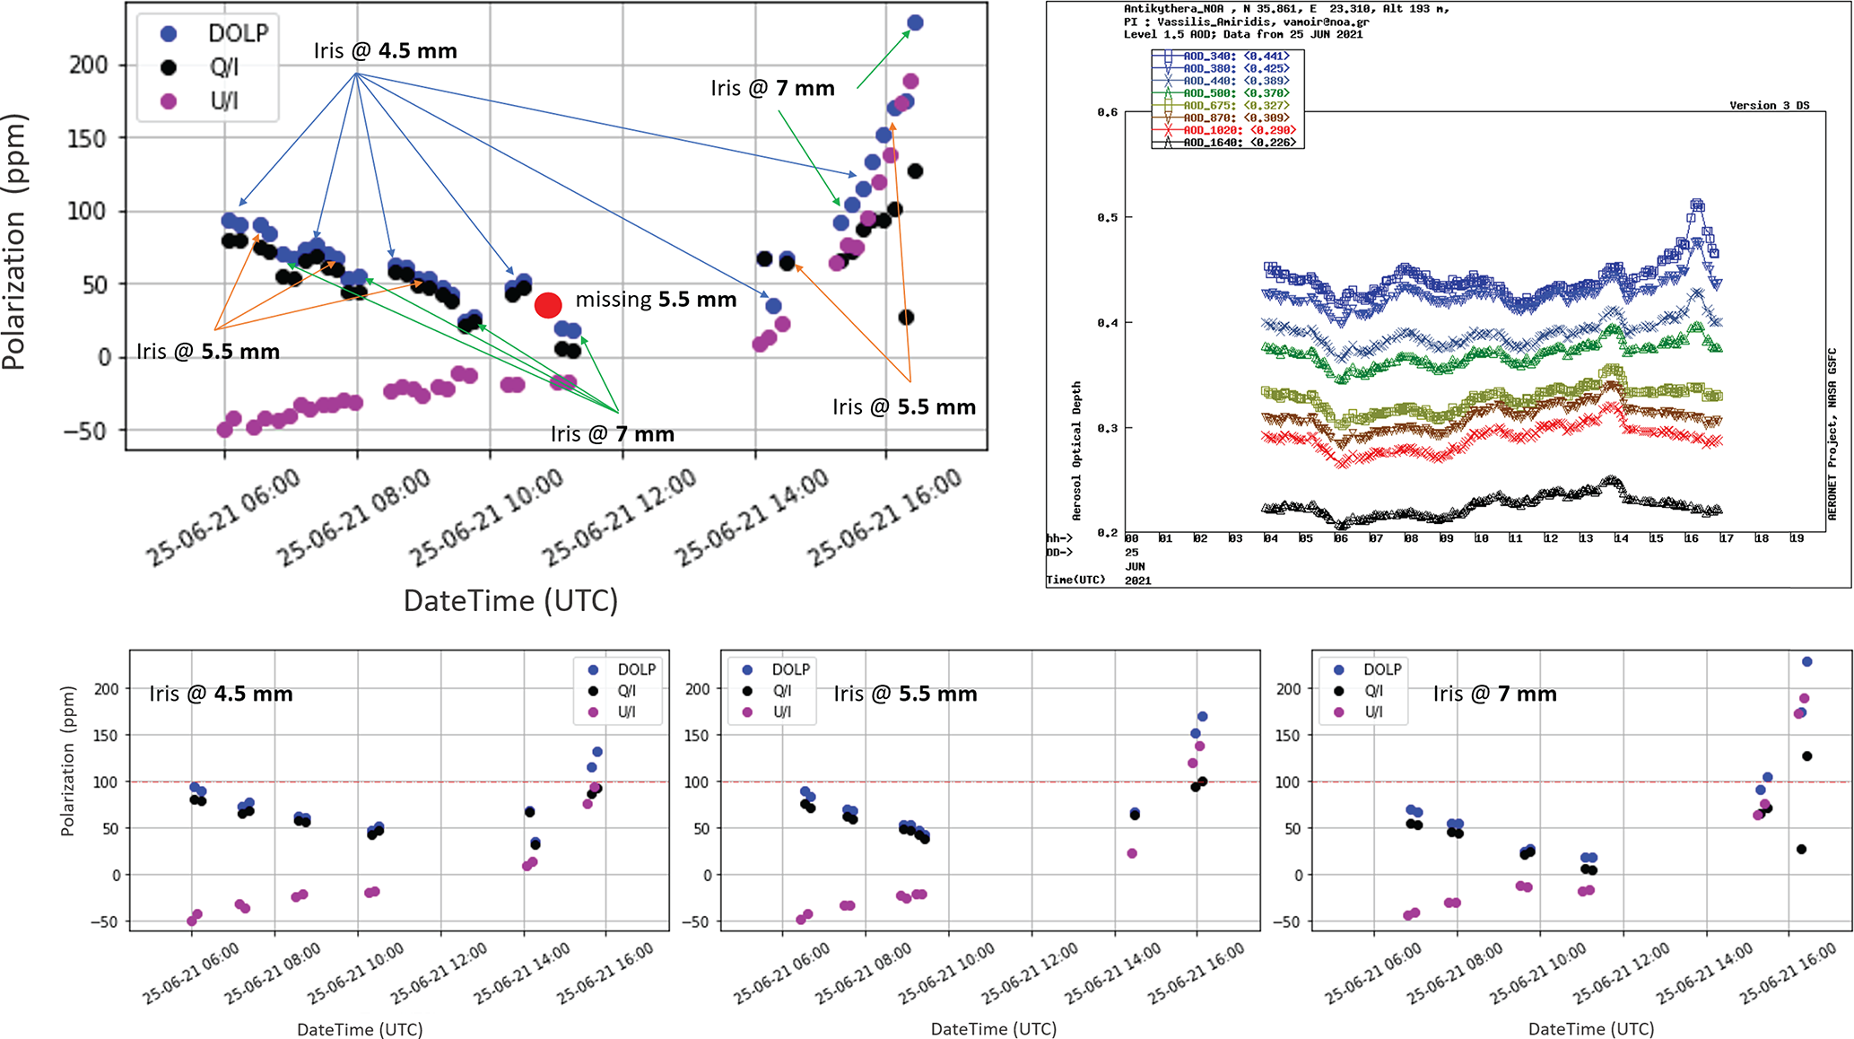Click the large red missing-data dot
548,305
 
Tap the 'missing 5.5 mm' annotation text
656,300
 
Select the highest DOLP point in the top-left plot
915,23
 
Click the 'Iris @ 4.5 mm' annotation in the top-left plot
385,51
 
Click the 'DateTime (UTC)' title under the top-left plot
510,600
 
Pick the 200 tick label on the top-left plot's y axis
88,65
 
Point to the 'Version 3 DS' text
1769,106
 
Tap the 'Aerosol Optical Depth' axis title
1076,450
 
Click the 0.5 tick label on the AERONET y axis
1109,218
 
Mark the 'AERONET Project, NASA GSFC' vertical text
1832,433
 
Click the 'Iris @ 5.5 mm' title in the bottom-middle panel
905,694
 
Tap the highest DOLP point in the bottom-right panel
1807,662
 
